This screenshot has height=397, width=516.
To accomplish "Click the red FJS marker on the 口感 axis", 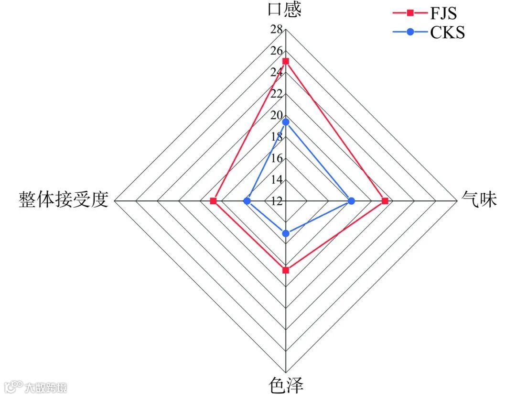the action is (286, 61).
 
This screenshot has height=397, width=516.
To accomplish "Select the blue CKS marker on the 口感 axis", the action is (286, 122).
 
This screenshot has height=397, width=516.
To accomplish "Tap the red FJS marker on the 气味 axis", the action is (385, 201).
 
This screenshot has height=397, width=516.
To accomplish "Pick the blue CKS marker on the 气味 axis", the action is (352, 201).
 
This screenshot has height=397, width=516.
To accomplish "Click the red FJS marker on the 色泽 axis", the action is (286, 270).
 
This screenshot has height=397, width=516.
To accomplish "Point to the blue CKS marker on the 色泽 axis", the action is (286, 233).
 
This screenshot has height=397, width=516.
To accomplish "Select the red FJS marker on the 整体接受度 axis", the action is (213, 201).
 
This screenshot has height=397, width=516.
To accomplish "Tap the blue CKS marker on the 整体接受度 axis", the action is (247, 201).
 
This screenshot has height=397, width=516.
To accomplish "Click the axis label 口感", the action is (286, 10).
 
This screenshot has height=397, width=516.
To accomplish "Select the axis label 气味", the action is (479, 199).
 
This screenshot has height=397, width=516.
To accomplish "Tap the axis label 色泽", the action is (286, 385).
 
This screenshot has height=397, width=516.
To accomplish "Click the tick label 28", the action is (276, 30).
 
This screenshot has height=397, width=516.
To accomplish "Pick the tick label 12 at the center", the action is (276, 201).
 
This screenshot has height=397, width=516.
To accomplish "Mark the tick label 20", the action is (276, 116).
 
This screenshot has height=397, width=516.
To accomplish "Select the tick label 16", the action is (276, 159).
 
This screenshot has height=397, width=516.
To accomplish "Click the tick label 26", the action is (276, 51).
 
